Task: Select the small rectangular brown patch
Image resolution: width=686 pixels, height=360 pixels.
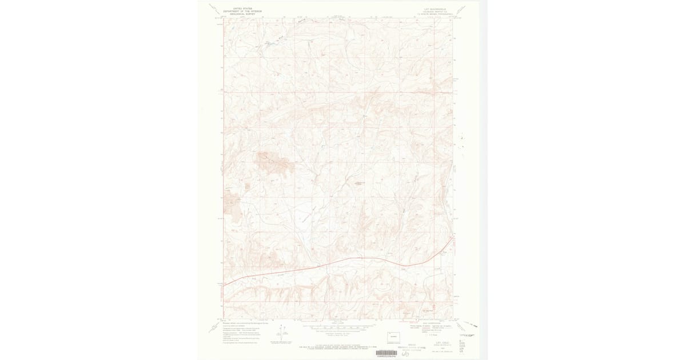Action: pyautogui.click(x=247, y=185)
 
